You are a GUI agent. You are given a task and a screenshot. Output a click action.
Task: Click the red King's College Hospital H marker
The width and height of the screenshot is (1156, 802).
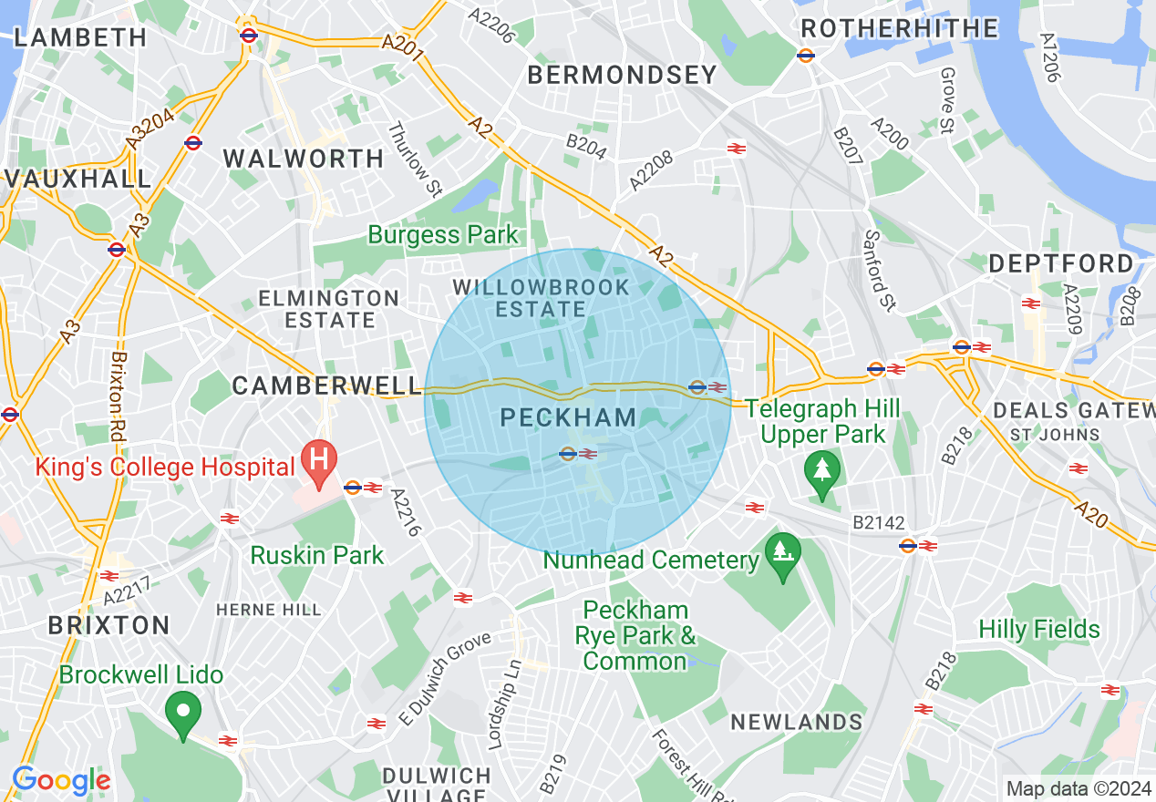point(319,460)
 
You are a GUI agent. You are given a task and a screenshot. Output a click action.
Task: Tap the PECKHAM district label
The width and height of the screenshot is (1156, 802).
point(569,418)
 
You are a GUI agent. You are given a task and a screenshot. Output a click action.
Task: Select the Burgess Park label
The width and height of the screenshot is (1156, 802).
point(443,235)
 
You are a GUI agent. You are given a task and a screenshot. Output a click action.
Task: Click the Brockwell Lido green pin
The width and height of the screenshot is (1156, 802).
point(183,713)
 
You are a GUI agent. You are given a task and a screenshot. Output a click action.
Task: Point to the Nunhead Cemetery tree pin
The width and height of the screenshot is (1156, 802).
point(781,554)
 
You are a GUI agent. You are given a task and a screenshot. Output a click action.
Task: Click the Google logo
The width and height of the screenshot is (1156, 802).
point(61,780)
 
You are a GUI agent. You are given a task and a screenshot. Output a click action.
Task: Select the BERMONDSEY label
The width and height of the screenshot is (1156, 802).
point(623,76)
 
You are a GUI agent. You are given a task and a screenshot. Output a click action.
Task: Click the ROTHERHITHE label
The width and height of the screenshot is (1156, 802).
point(899,29)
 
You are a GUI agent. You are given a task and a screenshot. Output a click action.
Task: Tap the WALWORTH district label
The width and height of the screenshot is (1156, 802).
point(304,159)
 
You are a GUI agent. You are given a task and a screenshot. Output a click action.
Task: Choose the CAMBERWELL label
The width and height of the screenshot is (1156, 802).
point(325,386)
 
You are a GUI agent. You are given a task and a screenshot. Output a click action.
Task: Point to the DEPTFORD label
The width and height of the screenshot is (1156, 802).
point(1061,264)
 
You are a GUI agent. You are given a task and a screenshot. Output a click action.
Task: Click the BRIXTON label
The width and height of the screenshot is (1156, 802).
point(108,626)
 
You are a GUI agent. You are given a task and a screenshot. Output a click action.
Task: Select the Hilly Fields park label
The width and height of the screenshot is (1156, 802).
point(1039,630)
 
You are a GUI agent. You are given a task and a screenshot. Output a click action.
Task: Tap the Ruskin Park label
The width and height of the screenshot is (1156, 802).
point(317,555)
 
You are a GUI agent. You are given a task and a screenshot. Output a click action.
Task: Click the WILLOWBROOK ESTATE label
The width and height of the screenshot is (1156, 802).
point(542,298)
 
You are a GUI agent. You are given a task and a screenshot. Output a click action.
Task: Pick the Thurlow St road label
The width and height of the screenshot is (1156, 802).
point(415,160)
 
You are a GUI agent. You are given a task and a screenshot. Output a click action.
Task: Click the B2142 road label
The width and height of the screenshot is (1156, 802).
point(879,523)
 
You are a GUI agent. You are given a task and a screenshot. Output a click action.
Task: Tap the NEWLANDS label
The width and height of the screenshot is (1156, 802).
point(797,723)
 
